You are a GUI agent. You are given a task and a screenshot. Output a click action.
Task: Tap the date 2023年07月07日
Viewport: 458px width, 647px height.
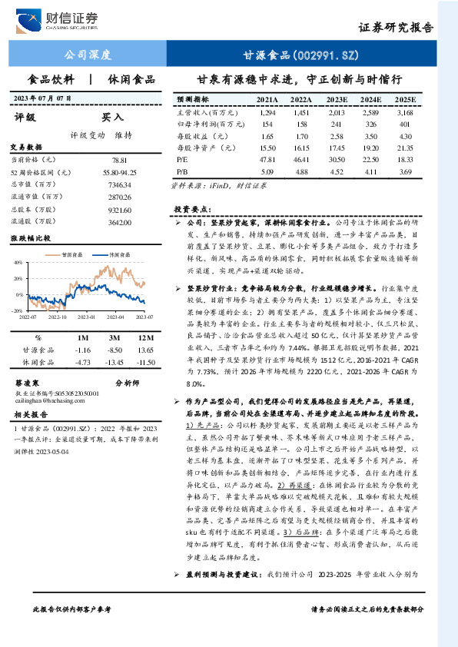point(45,99)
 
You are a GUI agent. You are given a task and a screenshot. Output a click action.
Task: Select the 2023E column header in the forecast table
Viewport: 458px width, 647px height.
point(337,100)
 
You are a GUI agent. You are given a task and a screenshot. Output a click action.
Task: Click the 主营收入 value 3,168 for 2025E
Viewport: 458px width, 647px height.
point(404,113)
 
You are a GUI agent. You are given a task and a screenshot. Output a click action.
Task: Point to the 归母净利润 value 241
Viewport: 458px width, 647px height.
point(337,125)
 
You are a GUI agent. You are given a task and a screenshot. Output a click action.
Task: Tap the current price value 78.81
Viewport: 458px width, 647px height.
point(119,160)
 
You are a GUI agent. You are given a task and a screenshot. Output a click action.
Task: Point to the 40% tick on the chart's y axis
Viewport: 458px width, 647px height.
point(18,262)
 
